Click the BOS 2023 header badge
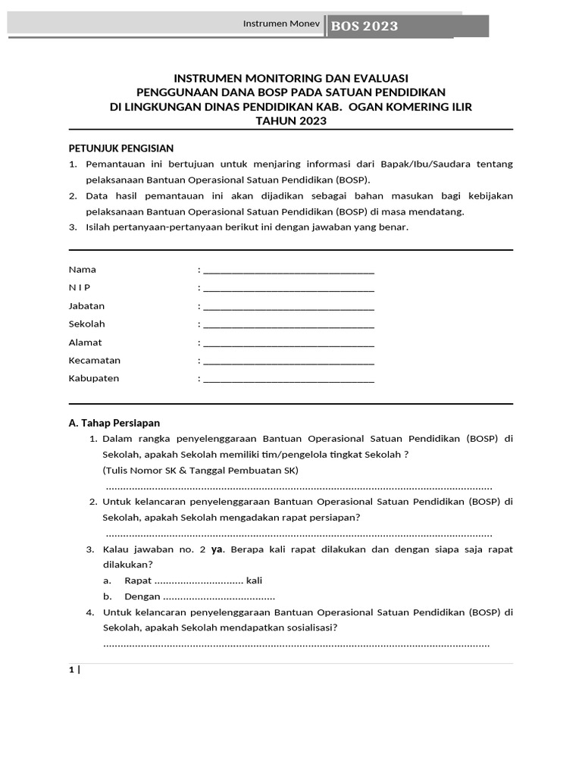point(365,27)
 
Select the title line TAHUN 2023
point(291,120)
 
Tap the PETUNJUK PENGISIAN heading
point(121,149)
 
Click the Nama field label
point(83,270)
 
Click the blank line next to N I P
point(289,289)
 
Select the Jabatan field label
point(87,306)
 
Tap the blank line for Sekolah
point(289,325)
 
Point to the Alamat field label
point(86,343)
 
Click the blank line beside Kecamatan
point(289,361)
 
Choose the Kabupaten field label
point(94,379)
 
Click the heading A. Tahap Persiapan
point(114,423)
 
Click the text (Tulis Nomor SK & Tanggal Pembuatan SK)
point(201,470)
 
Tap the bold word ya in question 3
point(216,549)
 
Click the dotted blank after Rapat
point(199,580)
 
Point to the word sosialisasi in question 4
point(308,627)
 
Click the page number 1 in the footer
point(71,670)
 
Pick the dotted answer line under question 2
point(297,533)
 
